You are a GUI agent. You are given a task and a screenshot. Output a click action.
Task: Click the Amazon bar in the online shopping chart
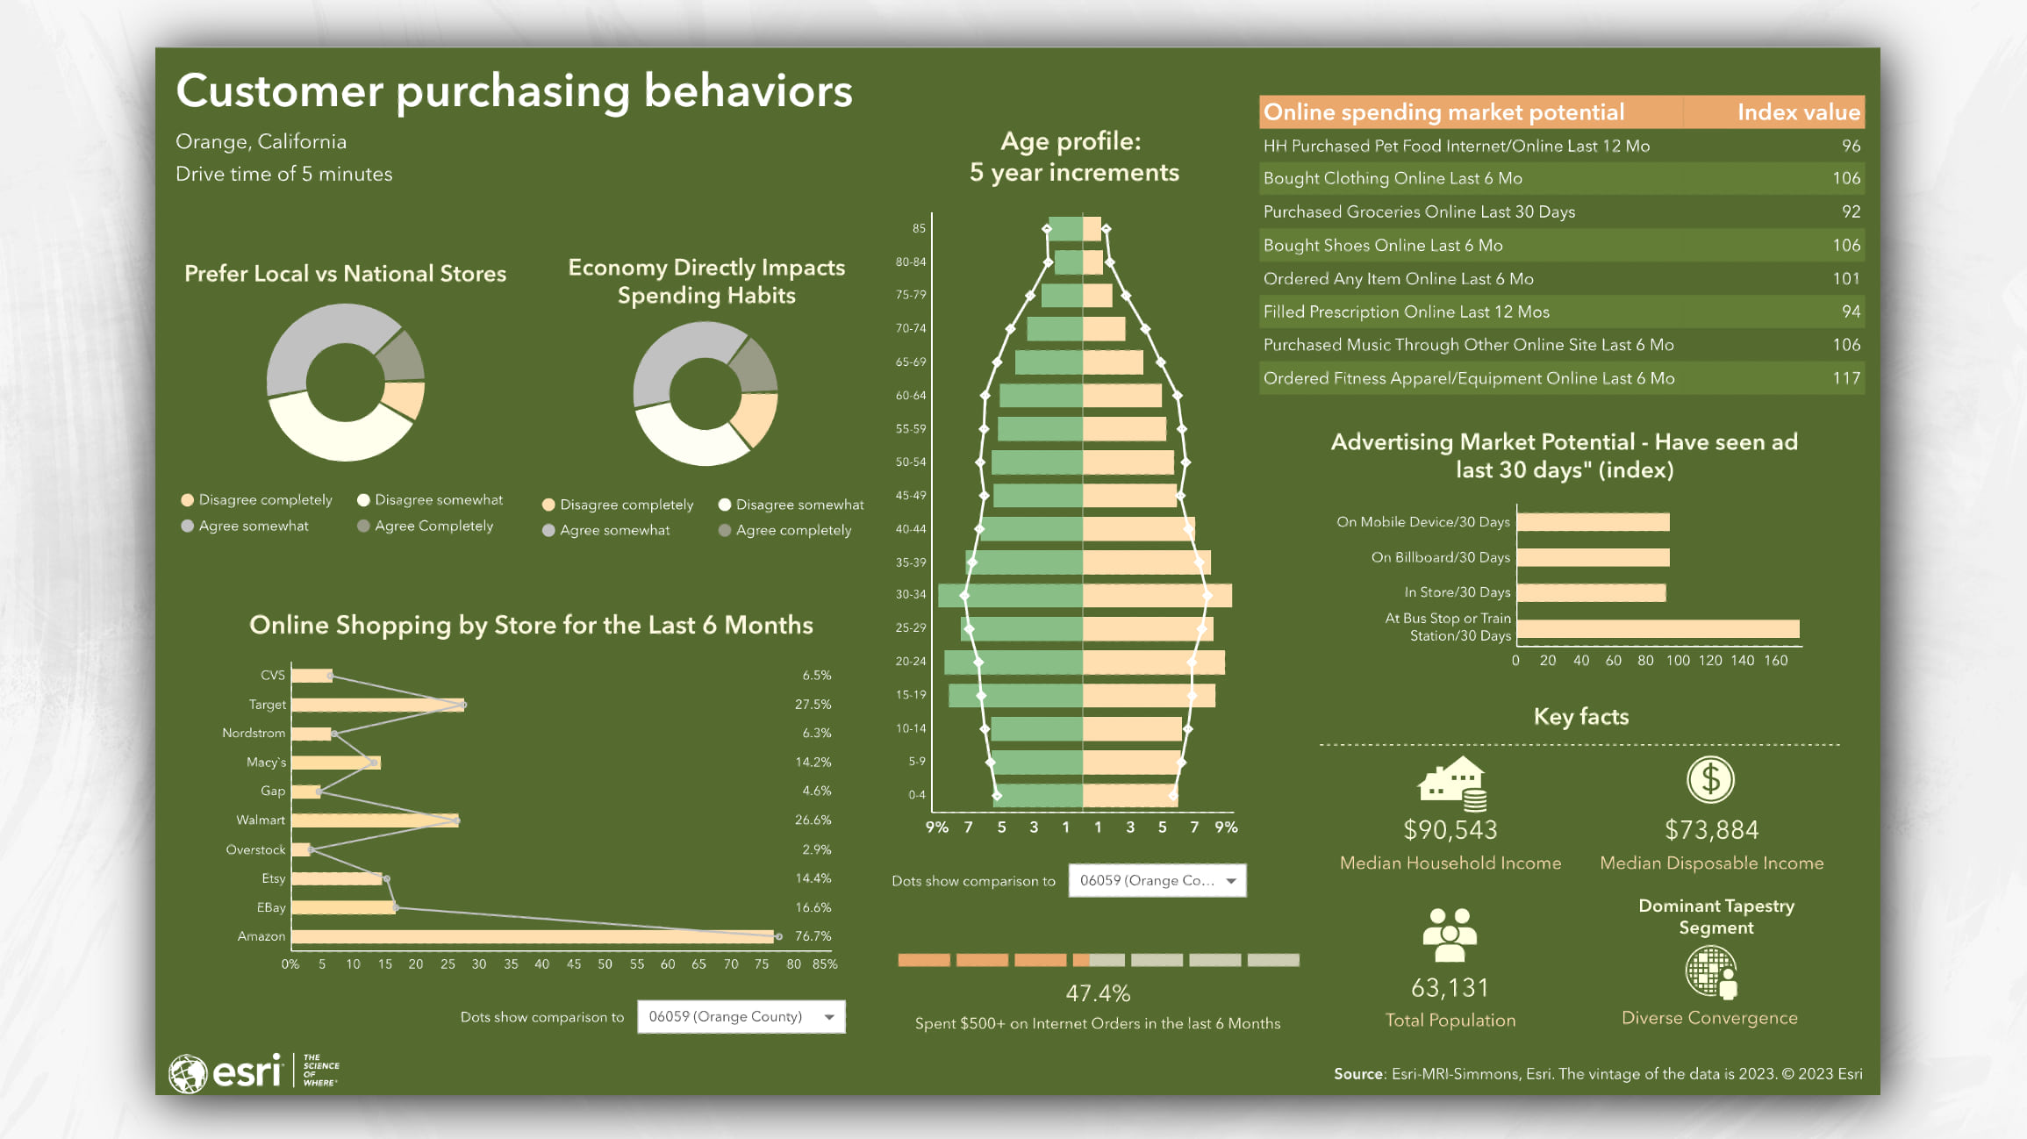point(532,936)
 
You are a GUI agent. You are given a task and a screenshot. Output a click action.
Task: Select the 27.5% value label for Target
point(813,705)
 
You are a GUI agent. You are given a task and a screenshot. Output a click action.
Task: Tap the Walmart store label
point(261,820)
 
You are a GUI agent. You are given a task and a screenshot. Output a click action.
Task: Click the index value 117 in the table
point(1846,378)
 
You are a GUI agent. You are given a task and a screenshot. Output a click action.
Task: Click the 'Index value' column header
point(1798,112)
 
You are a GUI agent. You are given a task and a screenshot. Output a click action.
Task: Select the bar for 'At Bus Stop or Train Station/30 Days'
point(1658,628)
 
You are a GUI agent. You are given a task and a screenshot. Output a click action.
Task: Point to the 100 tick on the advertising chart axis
point(1678,661)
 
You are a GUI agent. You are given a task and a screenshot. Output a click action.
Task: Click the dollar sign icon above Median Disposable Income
point(1710,779)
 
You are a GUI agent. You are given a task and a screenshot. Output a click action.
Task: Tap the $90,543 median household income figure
point(1450,830)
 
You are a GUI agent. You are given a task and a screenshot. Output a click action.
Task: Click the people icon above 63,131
point(1450,935)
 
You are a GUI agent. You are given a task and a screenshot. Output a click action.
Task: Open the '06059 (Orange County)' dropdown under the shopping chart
point(741,1017)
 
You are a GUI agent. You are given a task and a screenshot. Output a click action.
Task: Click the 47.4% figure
point(1098,993)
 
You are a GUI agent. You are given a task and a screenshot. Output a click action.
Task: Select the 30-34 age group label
point(911,595)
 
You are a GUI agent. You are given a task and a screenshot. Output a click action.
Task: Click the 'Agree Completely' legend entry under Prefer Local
point(433,526)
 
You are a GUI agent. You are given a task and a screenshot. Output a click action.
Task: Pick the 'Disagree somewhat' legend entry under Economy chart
point(799,505)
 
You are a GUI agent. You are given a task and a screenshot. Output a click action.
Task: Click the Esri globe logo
point(187,1073)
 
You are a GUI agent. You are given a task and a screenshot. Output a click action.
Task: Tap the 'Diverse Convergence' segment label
point(1709,1018)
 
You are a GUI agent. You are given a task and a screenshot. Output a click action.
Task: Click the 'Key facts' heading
point(1580,717)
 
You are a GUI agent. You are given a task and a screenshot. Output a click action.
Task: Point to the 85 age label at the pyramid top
point(919,229)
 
